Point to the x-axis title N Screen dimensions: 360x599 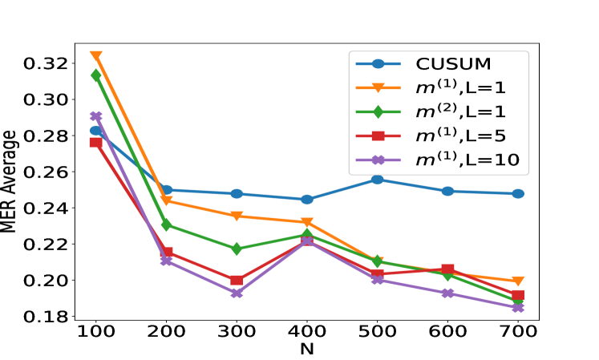pos(307,350)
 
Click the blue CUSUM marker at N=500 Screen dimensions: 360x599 pos(377,180)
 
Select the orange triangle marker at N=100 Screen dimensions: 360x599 pos(96,56)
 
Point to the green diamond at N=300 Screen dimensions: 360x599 pos(237,249)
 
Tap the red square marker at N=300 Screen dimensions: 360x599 pos(237,281)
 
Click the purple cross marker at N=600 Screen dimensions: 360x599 pos(447,293)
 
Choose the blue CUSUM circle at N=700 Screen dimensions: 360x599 pos(517,194)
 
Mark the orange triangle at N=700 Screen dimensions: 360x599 pos(517,281)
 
